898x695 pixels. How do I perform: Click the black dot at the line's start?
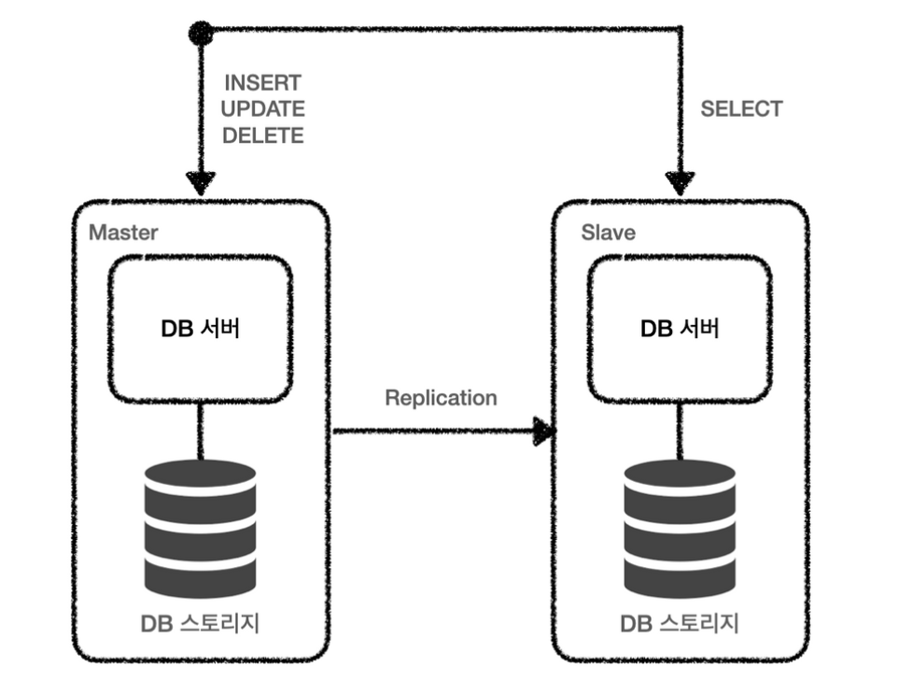click(x=200, y=34)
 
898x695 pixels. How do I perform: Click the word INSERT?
click(x=262, y=84)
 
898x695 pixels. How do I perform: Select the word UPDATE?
click(x=263, y=110)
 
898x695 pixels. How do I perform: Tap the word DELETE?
click(x=263, y=136)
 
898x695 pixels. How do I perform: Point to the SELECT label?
click(x=741, y=109)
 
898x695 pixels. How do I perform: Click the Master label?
click(x=123, y=232)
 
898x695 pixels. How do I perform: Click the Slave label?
click(x=608, y=232)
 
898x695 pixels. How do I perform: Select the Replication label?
click(x=441, y=398)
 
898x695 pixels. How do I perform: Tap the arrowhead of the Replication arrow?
click(x=544, y=432)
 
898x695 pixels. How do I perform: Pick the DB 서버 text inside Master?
click(x=200, y=329)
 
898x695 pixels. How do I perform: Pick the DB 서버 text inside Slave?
click(x=680, y=329)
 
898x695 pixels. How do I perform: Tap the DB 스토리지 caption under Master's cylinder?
click(x=200, y=623)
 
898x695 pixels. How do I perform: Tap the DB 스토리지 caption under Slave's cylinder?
click(x=680, y=623)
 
